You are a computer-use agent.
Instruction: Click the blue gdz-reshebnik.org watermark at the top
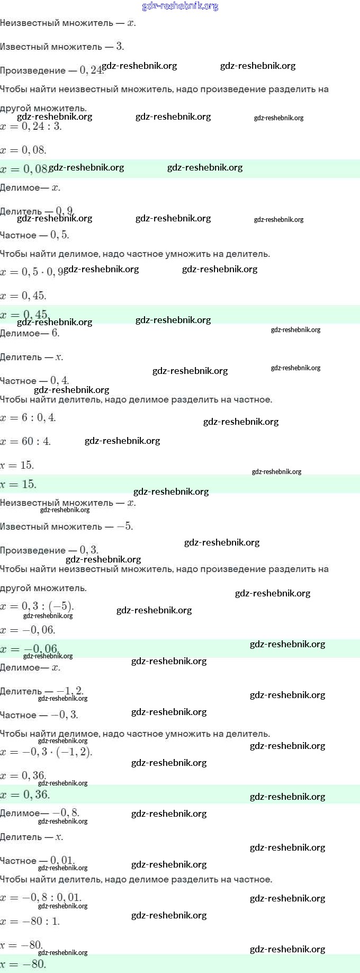click(180, 6)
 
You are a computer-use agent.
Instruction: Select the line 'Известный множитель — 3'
click(62, 47)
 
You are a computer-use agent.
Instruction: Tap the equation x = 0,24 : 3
click(31, 127)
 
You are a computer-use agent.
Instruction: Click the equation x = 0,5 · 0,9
click(32, 272)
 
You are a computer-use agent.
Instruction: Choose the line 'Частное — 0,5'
click(34, 235)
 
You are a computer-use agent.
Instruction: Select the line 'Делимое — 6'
click(30, 333)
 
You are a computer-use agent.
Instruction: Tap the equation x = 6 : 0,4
click(28, 418)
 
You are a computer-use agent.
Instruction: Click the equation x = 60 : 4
click(25, 441)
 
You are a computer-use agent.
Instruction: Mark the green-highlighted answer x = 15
click(19, 484)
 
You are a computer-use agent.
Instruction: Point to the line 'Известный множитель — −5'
click(66, 526)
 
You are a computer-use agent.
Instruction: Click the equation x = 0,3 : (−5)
click(37, 606)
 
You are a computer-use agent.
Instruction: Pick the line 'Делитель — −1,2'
click(42, 691)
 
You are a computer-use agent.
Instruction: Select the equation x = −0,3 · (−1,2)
click(46, 752)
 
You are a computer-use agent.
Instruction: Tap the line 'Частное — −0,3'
click(39, 715)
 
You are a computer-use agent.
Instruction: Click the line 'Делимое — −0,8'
click(40, 813)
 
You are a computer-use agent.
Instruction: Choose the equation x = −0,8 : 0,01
click(41, 898)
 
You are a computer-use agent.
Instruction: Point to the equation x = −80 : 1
click(30, 922)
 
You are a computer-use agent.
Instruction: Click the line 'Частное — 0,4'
click(34, 381)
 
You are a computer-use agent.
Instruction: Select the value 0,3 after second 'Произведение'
click(89, 550)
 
